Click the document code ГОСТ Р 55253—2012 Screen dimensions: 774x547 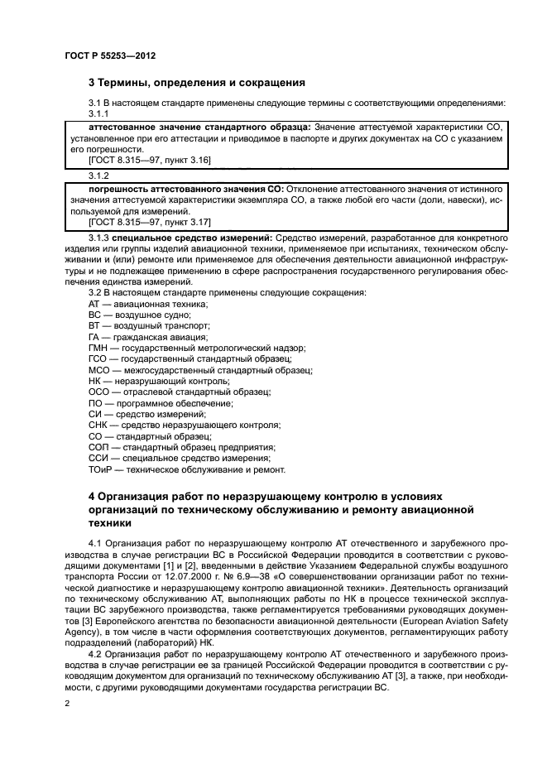(109, 55)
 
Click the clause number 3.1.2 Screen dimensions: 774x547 (99, 175)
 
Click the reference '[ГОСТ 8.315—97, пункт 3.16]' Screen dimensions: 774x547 (138, 159)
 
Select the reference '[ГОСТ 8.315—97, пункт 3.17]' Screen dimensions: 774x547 (138, 223)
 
